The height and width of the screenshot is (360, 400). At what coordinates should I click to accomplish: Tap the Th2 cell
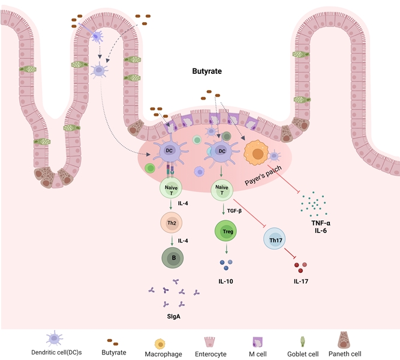click(172, 224)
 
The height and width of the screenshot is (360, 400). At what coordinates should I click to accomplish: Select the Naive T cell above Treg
click(221, 191)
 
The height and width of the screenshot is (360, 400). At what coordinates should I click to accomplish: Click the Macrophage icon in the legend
click(160, 343)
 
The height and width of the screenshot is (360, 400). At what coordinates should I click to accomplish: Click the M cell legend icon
click(254, 342)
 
